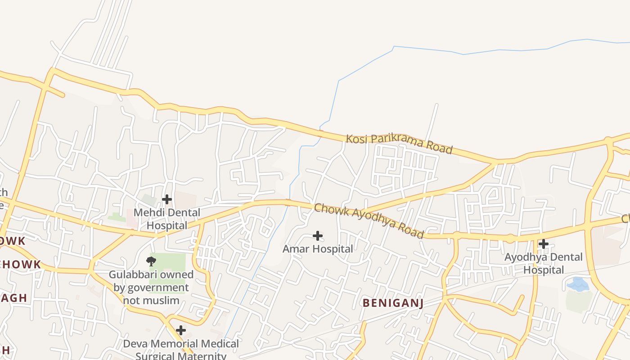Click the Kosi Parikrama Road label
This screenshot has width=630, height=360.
tap(399, 144)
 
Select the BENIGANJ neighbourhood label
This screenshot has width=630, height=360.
tap(393, 303)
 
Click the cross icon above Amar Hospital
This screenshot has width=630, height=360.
tap(318, 236)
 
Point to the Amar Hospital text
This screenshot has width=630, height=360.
tap(318, 249)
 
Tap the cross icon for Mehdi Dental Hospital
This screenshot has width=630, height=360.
tap(167, 199)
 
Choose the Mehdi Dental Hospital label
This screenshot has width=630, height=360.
tap(167, 219)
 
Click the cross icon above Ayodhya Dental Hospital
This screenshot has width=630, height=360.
tap(544, 244)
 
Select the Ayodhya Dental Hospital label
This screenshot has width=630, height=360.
tap(544, 264)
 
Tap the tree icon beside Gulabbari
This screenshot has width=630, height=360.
tap(151, 261)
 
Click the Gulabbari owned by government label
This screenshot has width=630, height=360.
tap(151, 287)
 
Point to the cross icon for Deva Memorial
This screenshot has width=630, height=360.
tap(180, 330)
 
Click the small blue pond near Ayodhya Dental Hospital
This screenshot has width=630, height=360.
tap(578, 284)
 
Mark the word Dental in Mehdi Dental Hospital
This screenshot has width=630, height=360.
tap(180, 212)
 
